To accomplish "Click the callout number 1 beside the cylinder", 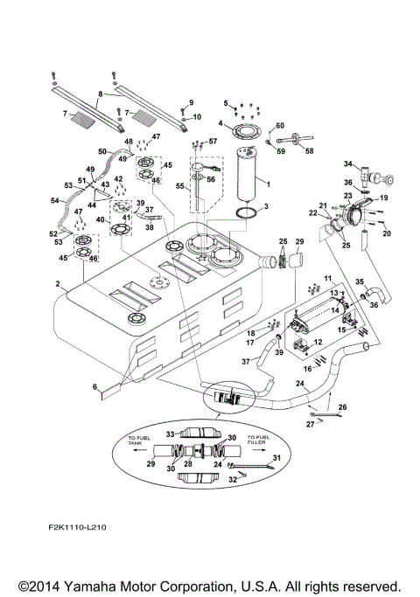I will click(267, 184).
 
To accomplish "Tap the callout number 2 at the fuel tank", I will click(57, 285).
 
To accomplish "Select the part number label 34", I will click(347, 163).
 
